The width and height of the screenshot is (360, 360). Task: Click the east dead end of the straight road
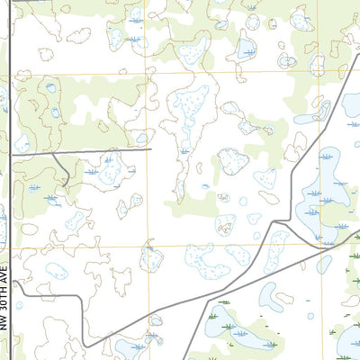click(x=151, y=149)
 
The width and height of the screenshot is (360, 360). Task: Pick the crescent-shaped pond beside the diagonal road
click(x=269, y=296)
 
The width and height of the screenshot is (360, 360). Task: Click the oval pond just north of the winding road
click(x=157, y=319)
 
